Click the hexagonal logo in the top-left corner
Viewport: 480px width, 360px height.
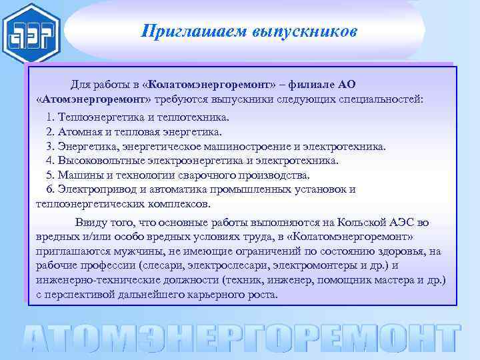click(31, 33)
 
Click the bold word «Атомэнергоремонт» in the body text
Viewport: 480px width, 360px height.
click(94, 99)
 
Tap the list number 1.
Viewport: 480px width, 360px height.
click(49, 117)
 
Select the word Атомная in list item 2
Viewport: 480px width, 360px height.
click(79, 132)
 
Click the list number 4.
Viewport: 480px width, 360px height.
click(49, 161)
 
